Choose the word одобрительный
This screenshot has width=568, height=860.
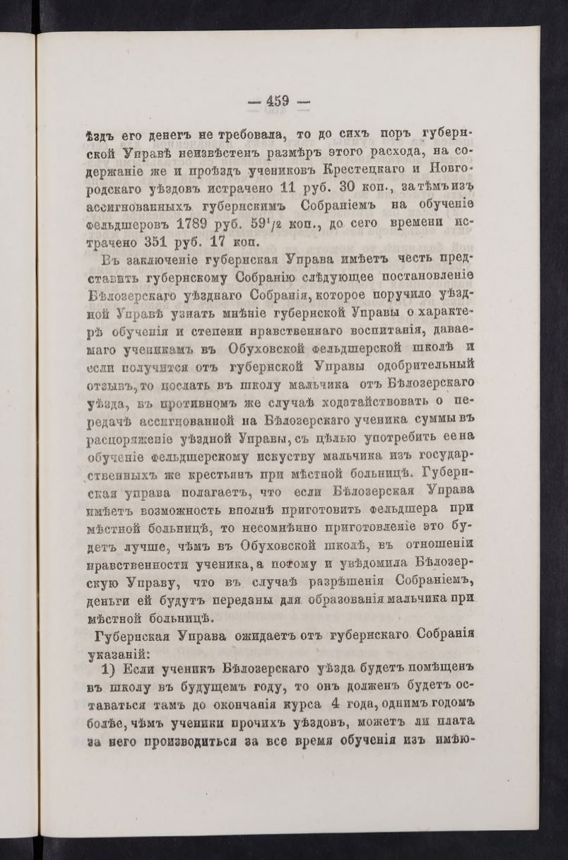(x=422, y=365)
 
